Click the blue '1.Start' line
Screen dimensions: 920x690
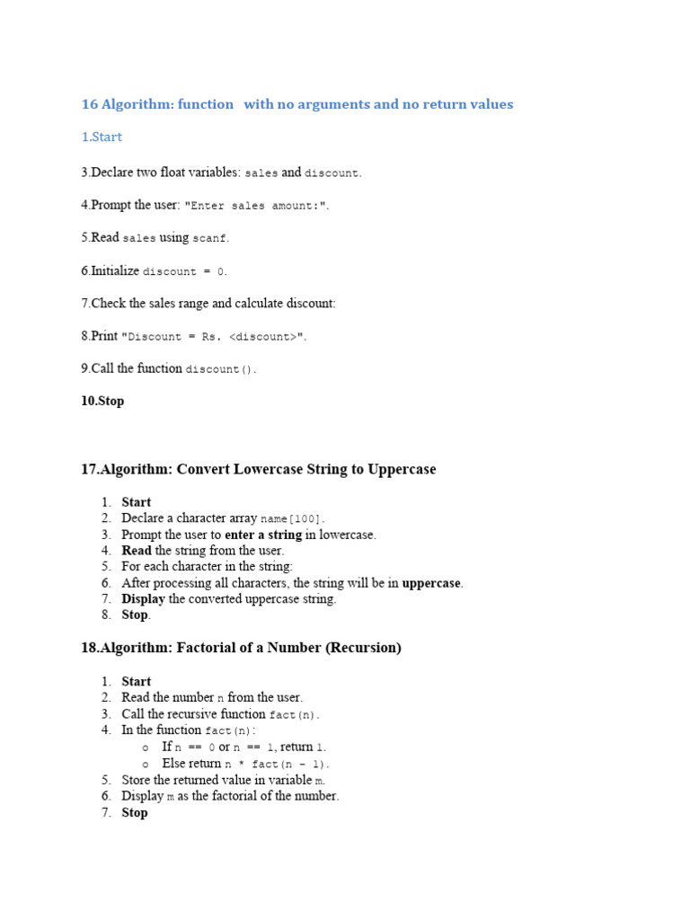(102, 137)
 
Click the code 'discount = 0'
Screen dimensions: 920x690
(185, 271)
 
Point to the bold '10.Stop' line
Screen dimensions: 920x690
(102, 402)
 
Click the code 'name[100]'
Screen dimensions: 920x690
(292, 519)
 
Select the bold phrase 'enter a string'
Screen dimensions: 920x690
(263, 535)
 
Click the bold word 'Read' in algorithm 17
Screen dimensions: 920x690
(137, 551)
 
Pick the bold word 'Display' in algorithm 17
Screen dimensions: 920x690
(143, 599)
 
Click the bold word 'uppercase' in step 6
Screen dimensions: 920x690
(431, 583)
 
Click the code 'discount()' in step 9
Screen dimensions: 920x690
(220, 369)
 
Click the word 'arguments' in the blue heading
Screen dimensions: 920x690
(323, 104)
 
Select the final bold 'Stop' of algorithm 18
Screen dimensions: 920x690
(135, 812)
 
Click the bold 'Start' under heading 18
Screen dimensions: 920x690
(137, 682)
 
